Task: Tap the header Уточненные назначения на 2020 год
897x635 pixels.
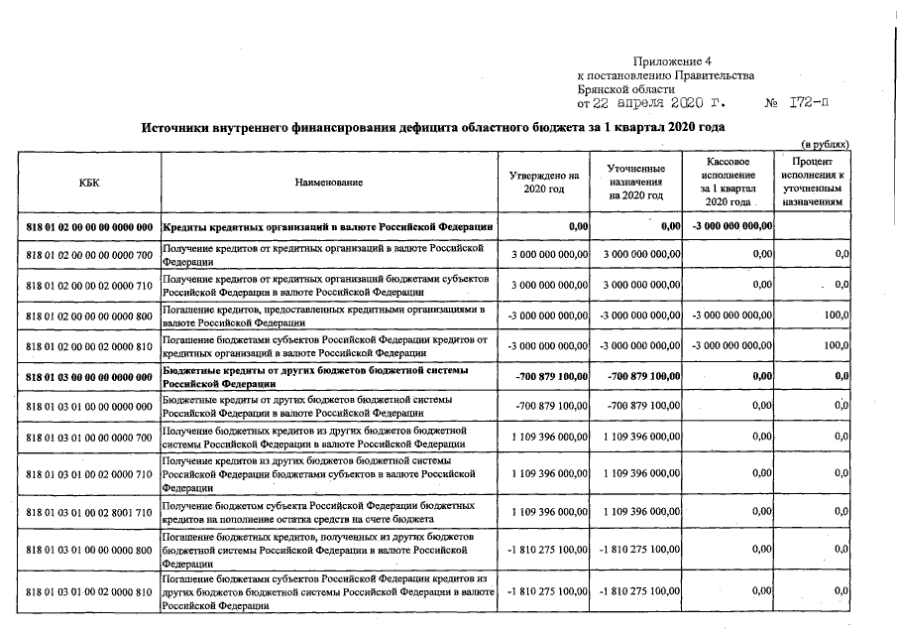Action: [636, 182]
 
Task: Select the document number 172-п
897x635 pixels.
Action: [809, 102]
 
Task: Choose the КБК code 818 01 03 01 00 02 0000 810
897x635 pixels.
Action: [89, 591]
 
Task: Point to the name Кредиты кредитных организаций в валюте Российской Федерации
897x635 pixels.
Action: [327, 226]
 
